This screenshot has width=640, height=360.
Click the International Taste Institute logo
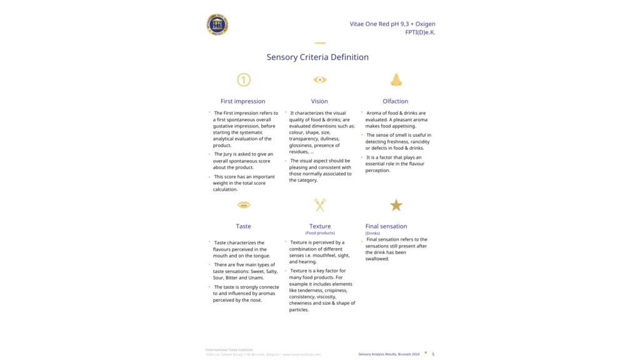tap(217, 25)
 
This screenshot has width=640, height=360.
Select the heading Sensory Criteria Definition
tap(317, 57)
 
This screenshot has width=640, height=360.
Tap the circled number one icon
tap(244, 79)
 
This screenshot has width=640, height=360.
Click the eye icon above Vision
tap(320, 79)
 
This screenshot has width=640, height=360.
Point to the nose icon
tap(396, 79)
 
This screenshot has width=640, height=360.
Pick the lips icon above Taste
tap(244, 205)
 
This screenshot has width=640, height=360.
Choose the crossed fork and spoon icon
tap(320, 205)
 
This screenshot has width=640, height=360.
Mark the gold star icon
tap(396, 205)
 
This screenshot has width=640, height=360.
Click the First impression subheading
tap(242, 101)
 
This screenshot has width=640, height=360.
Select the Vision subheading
tap(319, 101)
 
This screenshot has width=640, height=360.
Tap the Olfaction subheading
tap(395, 101)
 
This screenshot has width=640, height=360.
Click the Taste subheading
tap(243, 226)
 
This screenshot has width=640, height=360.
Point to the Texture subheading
tap(320, 226)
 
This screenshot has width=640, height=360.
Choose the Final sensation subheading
tap(386, 226)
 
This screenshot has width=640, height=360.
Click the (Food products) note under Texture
tap(320, 233)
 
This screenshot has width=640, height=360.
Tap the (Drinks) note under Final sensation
tap(372, 233)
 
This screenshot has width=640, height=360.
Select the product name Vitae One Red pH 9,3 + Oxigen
tap(392, 24)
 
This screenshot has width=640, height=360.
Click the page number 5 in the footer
tap(433, 354)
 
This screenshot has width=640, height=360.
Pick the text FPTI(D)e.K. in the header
tap(420, 32)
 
